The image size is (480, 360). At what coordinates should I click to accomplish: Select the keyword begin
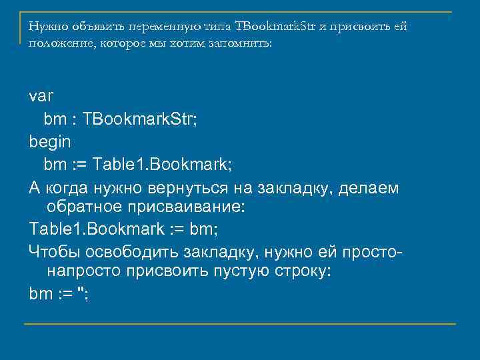[50, 142]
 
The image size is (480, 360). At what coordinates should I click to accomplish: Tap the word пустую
[239, 272]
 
